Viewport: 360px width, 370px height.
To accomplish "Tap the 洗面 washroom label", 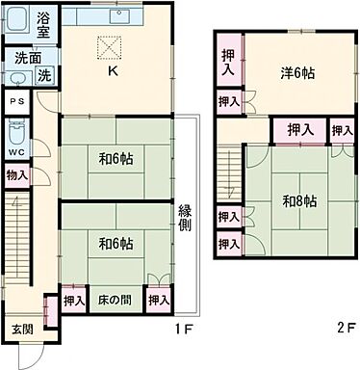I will (x=25, y=58).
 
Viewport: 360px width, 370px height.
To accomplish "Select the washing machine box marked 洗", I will (x=44, y=74).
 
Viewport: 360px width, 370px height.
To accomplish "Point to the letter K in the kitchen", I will (x=112, y=70).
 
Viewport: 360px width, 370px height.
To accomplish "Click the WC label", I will (x=16, y=152).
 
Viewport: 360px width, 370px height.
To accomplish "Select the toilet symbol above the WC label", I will (x=16, y=130).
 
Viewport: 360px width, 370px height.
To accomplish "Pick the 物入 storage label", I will (x=16, y=174).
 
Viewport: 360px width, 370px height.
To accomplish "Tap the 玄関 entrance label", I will (x=21, y=329).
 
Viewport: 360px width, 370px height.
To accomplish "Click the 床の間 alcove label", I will (x=114, y=301).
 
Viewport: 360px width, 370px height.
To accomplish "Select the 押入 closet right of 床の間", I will (x=158, y=301).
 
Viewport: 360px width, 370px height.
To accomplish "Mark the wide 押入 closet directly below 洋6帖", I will (x=299, y=129).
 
